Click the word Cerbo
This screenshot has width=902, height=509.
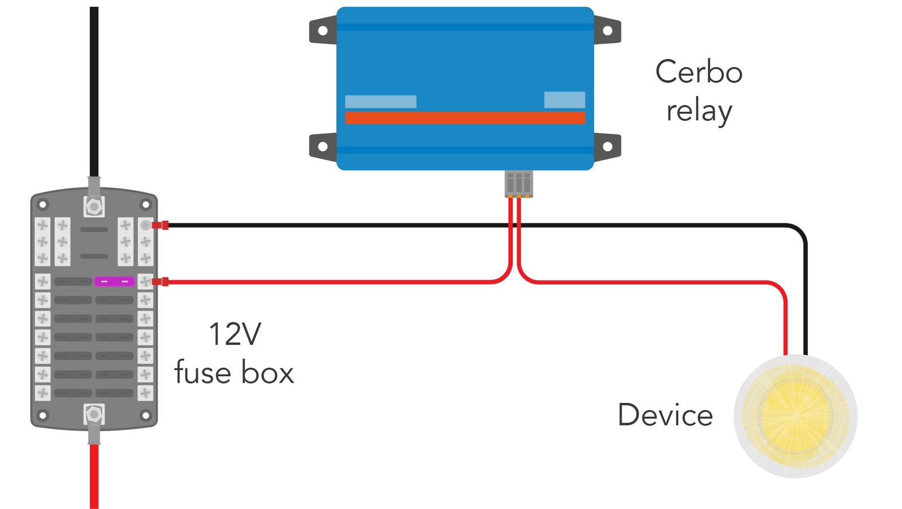698,72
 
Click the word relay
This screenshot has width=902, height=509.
698,111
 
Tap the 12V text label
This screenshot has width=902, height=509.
235,334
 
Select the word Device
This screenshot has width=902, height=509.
665,415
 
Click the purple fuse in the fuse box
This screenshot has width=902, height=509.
114,281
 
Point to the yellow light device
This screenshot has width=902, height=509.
795,416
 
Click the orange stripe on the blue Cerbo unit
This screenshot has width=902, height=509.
465,117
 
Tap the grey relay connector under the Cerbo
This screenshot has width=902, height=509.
519,184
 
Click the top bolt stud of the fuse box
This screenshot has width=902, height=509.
94,207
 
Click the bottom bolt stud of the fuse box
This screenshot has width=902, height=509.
94,415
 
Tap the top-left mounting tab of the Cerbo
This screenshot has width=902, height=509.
322,30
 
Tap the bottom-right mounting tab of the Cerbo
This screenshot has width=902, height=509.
608,147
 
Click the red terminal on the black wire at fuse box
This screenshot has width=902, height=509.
161,225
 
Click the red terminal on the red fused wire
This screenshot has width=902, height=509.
161,282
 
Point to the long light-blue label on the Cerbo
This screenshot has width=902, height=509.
381,102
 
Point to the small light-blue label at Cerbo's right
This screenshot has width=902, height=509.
564,100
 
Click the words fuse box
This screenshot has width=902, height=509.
234,373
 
